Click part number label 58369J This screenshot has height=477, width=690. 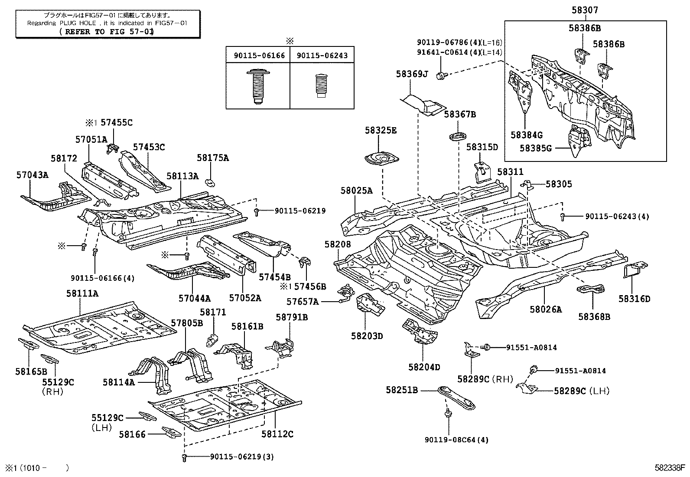[x=411, y=74]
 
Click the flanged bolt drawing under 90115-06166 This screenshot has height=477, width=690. [x=257, y=86]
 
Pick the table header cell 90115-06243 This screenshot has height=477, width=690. [x=322, y=55]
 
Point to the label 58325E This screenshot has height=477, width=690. [x=380, y=130]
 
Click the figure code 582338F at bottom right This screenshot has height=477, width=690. [x=670, y=468]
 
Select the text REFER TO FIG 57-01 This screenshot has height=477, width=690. [x=107, y=32]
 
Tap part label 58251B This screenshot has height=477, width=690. [x=402, y=390]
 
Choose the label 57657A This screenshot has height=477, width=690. [x=302, y=301]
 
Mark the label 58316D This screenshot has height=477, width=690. [x=634, y=299]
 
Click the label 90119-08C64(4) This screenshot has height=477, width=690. [x=456, y=440]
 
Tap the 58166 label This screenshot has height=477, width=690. [x=132, y=434]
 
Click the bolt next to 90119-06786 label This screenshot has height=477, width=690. [x=441, y=76]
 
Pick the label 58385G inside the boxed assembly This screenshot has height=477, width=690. [x=535, y=148]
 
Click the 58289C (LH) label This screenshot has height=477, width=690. [x=581, y=391]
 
